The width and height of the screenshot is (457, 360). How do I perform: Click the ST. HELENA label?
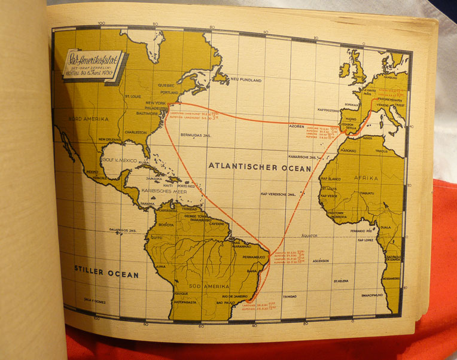click(341, 280)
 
